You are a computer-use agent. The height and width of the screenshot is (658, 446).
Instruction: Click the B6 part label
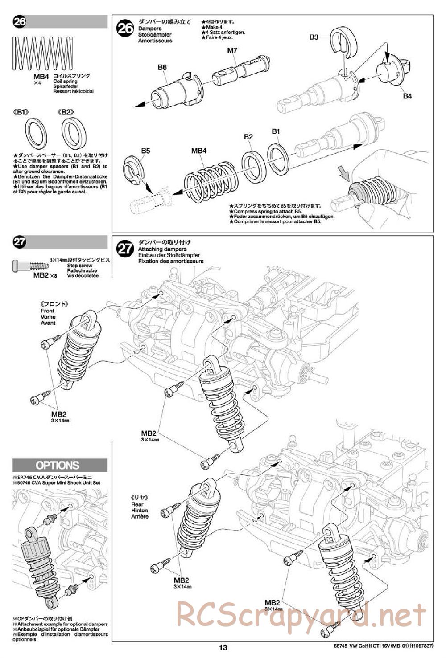coord(162,67)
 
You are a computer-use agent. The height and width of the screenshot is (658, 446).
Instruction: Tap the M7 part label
coord(232,50)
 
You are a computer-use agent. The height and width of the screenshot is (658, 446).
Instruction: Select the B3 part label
coord(314,37)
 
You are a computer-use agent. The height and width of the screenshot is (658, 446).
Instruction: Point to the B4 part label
coord(408,96)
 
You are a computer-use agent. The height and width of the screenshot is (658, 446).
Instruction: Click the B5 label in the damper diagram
coord(145,151)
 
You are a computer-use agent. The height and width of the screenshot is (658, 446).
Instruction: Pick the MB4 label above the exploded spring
coord(199,151)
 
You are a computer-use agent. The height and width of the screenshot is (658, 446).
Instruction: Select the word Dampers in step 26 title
coord(150,29)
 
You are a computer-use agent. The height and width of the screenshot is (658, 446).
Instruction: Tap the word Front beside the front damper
coord(47,311)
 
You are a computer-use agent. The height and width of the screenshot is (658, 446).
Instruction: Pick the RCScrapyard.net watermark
coord(301,615)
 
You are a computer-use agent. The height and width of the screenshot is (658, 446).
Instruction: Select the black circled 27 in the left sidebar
coord(20,242)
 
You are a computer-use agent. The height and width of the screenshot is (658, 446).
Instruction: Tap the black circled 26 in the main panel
coord(125,29)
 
